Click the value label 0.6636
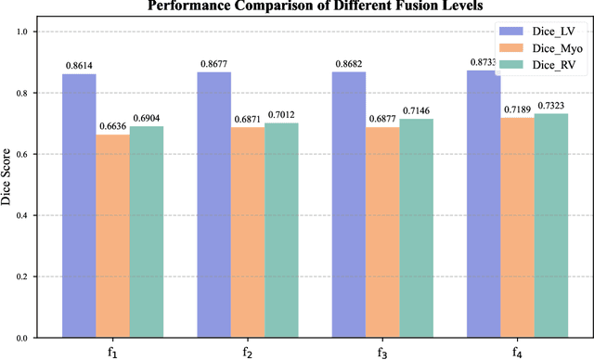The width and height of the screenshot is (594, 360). [x=112, y=127]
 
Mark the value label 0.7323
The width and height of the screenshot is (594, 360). [x=548, y=107]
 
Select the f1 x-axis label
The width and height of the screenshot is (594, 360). [x=113, y=353]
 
